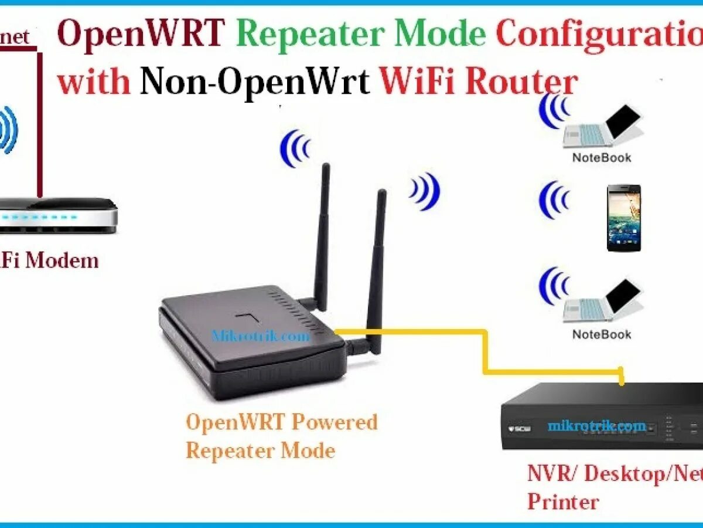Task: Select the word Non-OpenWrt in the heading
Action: point(254,82)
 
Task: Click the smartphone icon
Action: point(623,218)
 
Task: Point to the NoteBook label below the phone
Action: point(602,334)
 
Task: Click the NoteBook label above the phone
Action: point(602,157)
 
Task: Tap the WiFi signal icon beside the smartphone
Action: point(554,199)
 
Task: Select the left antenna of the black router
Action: point(322,235)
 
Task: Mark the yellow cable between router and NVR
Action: point(485,352)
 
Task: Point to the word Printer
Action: point(563,502)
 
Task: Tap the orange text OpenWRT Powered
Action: point(282,422)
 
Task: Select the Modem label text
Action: point(62,260)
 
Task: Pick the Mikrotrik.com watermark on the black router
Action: point(261,336)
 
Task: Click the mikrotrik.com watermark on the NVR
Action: point(597,426)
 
